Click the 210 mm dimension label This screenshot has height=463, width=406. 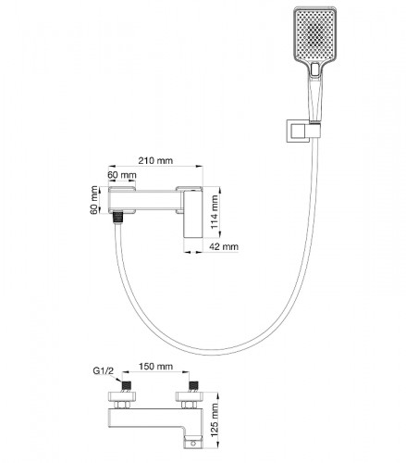(155, 160)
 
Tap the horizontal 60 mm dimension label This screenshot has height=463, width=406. (122, 175)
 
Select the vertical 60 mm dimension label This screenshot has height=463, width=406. (94, 200)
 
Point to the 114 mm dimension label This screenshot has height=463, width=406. (214, 211)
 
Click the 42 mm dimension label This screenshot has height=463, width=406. (224, 246)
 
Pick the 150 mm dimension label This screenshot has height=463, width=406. (155, 367)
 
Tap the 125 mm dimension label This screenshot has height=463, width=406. (214, 419)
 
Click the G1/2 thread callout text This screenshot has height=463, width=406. (104, 370)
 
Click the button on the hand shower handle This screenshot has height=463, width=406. (314, 69)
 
